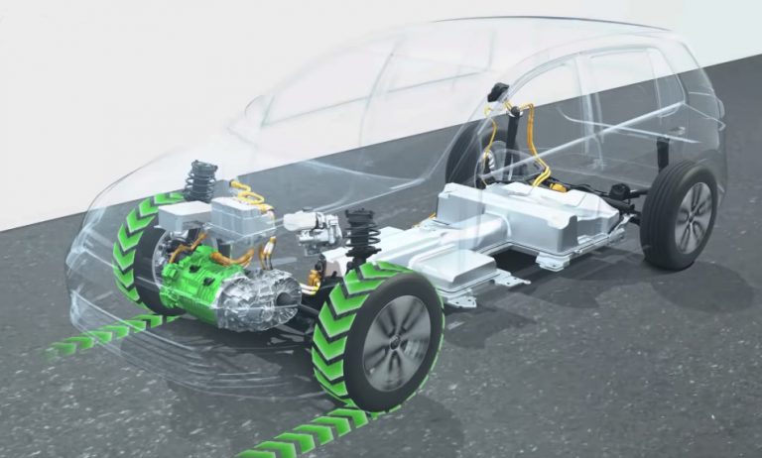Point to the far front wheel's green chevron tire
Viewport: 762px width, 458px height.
130,248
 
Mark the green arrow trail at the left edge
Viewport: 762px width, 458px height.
89,337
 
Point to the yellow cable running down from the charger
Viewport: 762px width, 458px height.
536,149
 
